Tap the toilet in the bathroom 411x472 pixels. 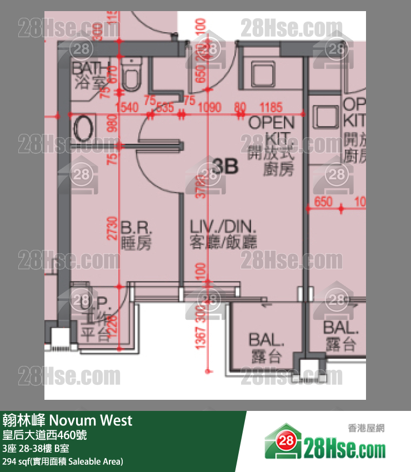[x=131, y=77]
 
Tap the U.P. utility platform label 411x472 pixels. [x=96, y=305]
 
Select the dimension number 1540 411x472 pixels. [x=127, y=107]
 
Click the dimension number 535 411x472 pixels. [x=165, y=107]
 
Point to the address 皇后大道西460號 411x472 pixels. [x=44, y=435]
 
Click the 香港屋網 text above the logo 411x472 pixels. [x=367, y=428]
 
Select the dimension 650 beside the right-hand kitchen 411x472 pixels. [x=323, y=201]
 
